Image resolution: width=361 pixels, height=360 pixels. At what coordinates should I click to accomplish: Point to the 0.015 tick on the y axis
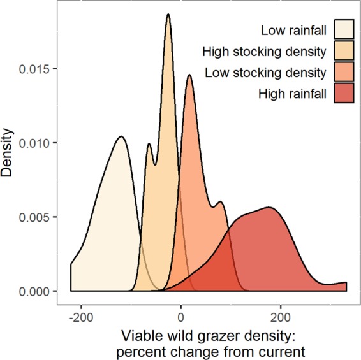point(44,69)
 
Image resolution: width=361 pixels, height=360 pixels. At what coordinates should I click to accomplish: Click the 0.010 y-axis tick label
point(44,143)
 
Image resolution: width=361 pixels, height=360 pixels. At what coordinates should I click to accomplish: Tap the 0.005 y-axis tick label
point(44,217)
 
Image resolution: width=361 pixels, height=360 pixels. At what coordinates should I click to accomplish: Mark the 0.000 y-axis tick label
point(44,291)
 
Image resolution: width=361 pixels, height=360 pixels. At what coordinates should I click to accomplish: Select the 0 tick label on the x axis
point(181,314)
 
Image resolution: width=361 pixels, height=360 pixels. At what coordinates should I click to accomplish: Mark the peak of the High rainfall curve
point(269,207)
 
